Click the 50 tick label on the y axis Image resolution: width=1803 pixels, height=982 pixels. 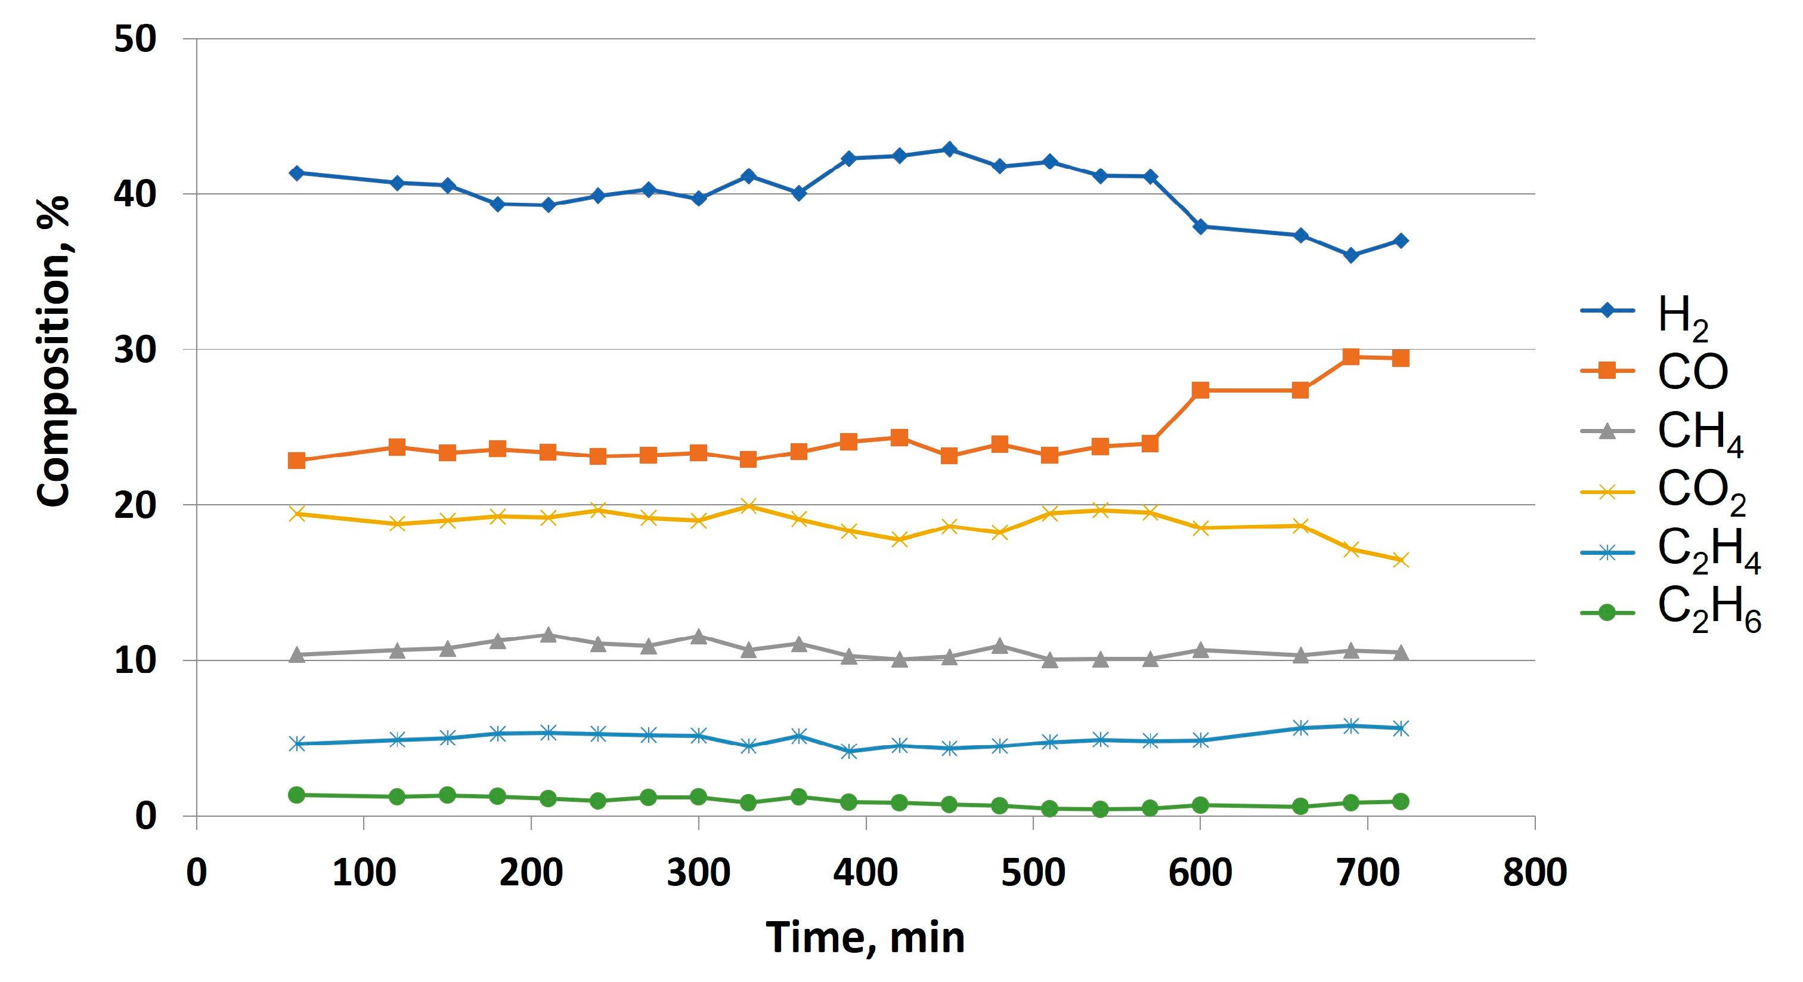pos(135,39)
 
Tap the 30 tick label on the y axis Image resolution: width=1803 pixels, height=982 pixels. pos(135,350)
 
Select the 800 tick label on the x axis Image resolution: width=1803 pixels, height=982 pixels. pos(1534,873)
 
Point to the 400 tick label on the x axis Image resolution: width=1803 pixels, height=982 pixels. pos(866,873)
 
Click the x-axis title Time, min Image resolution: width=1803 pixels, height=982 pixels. pos(865,937)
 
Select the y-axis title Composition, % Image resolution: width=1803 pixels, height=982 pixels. pos(53,350)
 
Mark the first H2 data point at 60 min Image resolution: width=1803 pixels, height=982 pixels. pos(297,173)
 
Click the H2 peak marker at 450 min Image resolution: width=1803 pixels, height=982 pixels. pos(949,149)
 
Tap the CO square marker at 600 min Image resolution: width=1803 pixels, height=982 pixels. pos(1200,390)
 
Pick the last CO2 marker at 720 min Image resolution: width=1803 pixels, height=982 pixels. pos(1401,560)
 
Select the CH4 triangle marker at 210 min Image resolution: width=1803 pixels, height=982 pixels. pos(548,635)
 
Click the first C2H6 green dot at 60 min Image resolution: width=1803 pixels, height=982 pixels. pos(297,794)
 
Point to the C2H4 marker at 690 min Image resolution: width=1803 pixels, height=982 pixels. pos(1351,725)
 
